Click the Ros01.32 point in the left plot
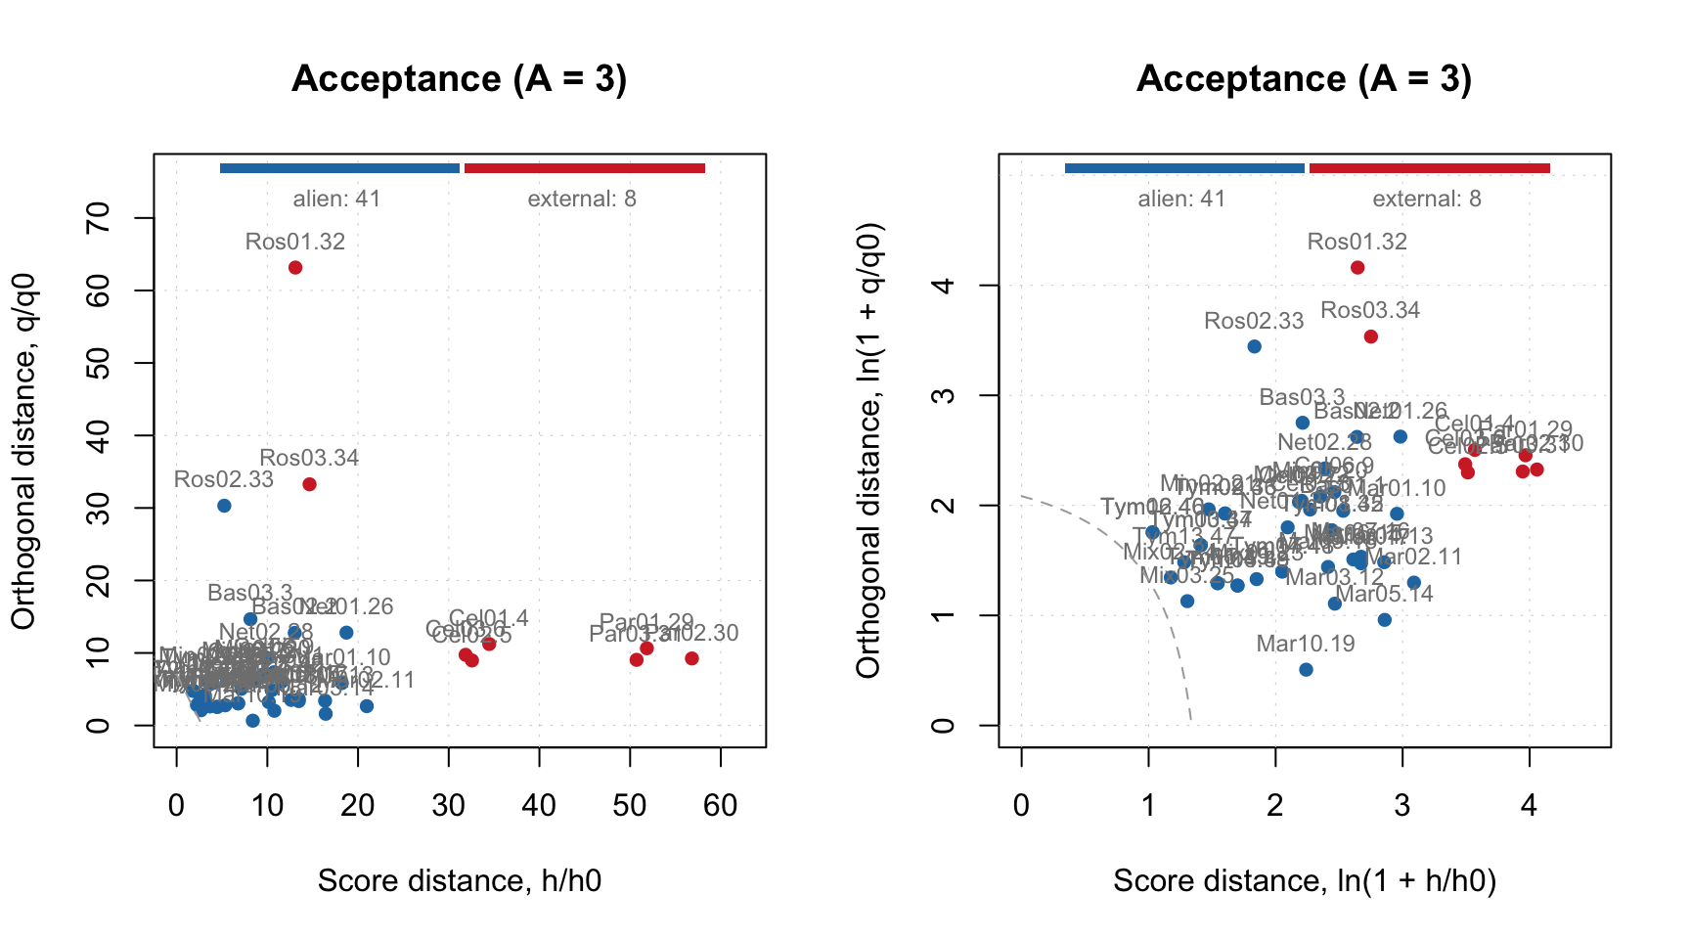295,268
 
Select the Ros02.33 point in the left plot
224,506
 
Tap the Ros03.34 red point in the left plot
310,484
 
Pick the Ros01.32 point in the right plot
1357,268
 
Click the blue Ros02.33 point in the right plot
1255,346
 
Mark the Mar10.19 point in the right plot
1306,670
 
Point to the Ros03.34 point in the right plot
1371,336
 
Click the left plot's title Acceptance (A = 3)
460,78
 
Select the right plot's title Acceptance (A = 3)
1304,78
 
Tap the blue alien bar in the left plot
339,168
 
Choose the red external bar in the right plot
1429,168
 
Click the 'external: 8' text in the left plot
582,200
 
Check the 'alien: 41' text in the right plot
1181,200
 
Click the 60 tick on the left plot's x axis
721,805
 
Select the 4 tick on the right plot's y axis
944,286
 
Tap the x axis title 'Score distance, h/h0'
460,881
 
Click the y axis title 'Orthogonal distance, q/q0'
23,451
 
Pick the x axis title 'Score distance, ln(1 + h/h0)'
1305,881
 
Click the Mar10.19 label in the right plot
1306,644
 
